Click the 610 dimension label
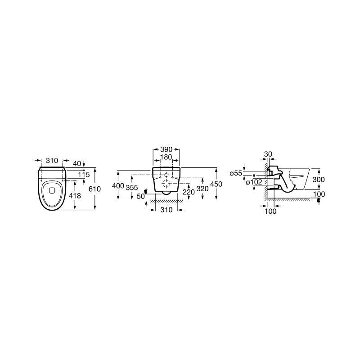(x=94, y=189)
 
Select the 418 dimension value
(x=75, y=196)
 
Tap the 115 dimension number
(x=84, y=175)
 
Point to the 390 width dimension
(x=166, y=149)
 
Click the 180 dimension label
(x=166, y=157)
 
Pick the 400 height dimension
(x=118, y=185)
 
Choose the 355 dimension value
(x=132, y=188)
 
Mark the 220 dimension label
(x=189, y=192)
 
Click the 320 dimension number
(x=202, y=189)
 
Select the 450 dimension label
(x=216, y=184)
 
